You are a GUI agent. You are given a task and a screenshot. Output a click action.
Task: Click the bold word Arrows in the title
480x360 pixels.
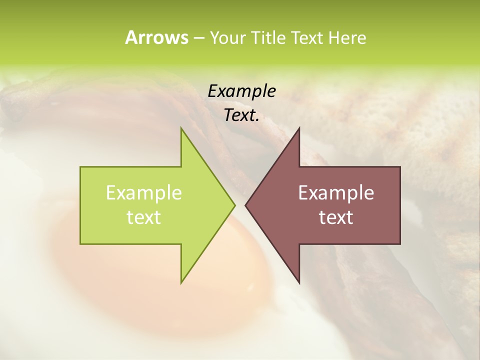[156, 37]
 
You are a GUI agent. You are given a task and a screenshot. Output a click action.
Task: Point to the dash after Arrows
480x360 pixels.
[198, 38]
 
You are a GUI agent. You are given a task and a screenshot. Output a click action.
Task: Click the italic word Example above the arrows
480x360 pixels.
[241, 91]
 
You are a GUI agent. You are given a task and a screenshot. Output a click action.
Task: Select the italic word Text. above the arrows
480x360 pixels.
[241, 115]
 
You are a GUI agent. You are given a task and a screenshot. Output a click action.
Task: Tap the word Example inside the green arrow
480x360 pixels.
[143, 192]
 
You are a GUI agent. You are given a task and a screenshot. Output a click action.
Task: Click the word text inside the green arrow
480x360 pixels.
[143, 217]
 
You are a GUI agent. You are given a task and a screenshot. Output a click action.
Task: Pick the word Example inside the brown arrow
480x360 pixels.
[336, 192]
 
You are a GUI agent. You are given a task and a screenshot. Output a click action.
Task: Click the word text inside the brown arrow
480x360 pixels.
[336, 217]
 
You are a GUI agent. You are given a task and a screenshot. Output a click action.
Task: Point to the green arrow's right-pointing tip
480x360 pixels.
[233, 205]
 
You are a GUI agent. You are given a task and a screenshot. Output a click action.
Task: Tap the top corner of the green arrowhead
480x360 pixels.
[181, 129]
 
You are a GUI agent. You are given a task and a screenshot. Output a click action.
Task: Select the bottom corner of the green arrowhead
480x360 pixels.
[181, 282]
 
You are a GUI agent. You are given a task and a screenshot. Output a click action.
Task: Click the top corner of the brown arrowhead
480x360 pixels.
[299, 129]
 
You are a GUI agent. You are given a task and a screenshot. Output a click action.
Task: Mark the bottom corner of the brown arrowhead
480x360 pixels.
[299, 282]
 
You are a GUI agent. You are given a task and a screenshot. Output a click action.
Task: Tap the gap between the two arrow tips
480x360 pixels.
[240, 205]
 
